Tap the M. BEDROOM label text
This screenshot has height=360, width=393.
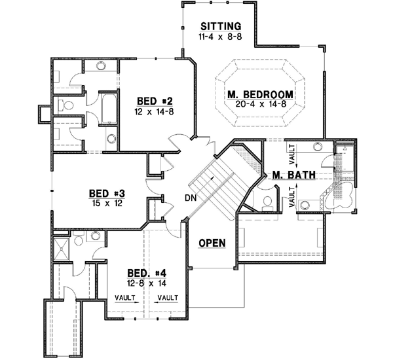pos(260,94)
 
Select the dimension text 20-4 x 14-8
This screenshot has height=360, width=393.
pos(260,104)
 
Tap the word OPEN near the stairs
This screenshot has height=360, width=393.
pos(212,243)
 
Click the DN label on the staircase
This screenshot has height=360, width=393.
pos(191,197)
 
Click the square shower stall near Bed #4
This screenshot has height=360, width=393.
pos(65,248)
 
